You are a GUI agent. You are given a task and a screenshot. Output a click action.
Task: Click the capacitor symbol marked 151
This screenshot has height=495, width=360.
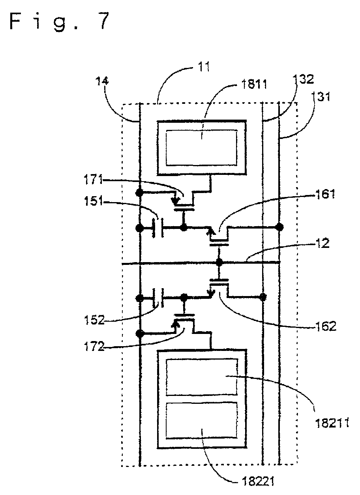coord(158,228)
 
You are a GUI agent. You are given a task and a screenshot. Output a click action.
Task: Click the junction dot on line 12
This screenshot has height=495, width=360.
coord(219,262)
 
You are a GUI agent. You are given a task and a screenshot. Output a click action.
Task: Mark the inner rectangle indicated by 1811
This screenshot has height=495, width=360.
coord(202,148)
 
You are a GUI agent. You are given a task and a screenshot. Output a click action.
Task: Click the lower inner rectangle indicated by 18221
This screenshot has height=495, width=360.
coord(202,420)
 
